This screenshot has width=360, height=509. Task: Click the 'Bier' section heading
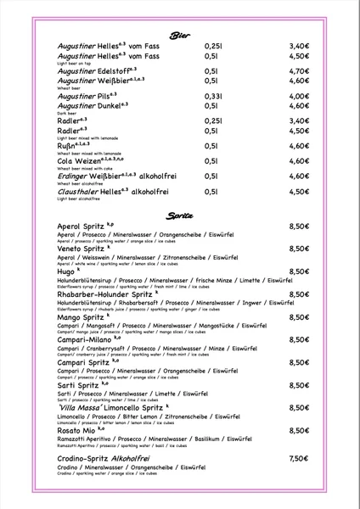[179, 35]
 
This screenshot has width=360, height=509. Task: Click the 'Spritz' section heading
[179, 215]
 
